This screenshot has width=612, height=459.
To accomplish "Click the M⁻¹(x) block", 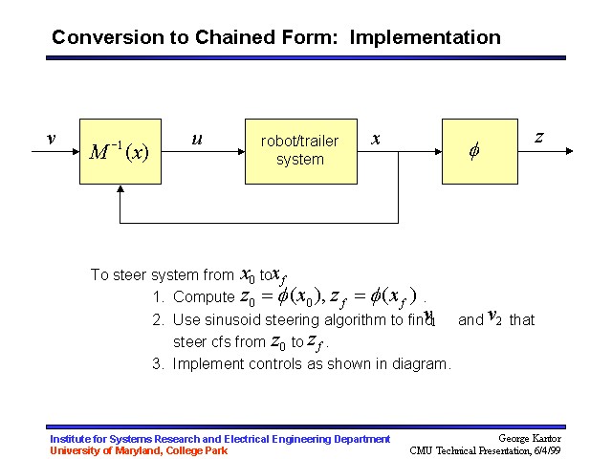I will click(x=120, y=151).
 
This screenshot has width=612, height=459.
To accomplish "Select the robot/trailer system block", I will click(x=299, y=151).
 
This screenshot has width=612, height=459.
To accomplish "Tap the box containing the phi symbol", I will click(x=479, y=151).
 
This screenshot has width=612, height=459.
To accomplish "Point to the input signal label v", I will click(x=51, y=138).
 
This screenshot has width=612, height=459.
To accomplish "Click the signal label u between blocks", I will click(x=197, y=139).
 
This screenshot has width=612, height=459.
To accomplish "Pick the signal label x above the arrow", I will click(x=376, y=139).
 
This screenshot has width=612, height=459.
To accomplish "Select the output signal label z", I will click(x=539, y=138).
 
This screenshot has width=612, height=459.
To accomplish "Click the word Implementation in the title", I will click(x=425, y=38).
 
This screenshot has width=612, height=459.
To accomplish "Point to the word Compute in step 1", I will click(x=203, y=297).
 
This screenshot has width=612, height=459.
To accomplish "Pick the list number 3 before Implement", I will click(x=157, y=364).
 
